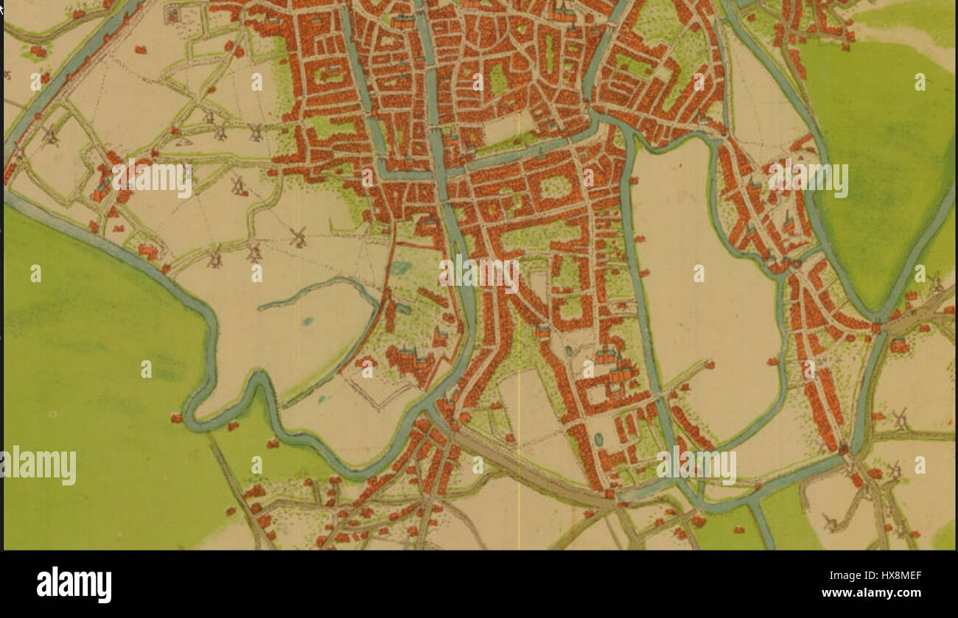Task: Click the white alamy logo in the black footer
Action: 74,585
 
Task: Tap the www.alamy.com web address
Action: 870,592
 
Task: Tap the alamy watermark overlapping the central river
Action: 479,273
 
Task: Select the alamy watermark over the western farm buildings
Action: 152,179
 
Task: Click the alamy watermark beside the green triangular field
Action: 808,179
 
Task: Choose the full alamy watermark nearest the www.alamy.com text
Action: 696,466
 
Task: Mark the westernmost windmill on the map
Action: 50,136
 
